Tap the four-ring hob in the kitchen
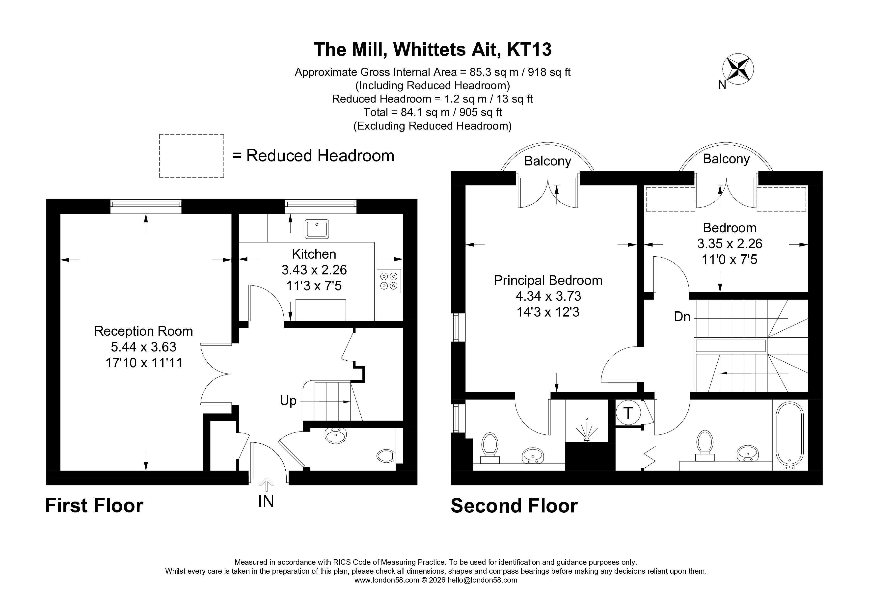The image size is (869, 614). point(389,281)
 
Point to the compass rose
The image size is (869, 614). point(738,70)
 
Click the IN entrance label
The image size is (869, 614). point(266,501)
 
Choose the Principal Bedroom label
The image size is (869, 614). point(548,280)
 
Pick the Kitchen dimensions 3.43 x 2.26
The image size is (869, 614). point(314,270)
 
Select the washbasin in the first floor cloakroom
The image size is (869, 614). point(336,435)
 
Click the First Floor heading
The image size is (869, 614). point(94,506)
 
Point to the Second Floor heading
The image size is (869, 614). point(514,506)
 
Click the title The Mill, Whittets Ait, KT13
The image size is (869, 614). point(433,50)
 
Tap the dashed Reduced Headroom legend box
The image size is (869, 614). point(191,156)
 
